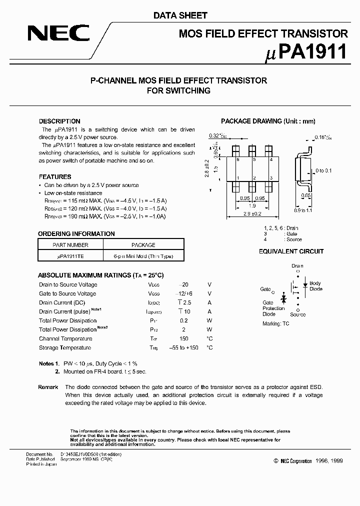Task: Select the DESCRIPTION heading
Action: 59,121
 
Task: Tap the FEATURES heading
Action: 55,176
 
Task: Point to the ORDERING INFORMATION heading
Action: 76,233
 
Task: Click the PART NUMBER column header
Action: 70,245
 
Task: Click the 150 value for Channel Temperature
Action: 183,338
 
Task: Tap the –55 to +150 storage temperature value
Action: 183,347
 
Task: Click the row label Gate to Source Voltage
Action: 67,293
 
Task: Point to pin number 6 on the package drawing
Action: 238,159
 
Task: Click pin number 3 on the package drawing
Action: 270,177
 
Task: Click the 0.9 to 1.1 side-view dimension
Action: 303,211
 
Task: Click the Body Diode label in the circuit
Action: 315,286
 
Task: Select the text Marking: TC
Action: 276,323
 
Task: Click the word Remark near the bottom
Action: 48,387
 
